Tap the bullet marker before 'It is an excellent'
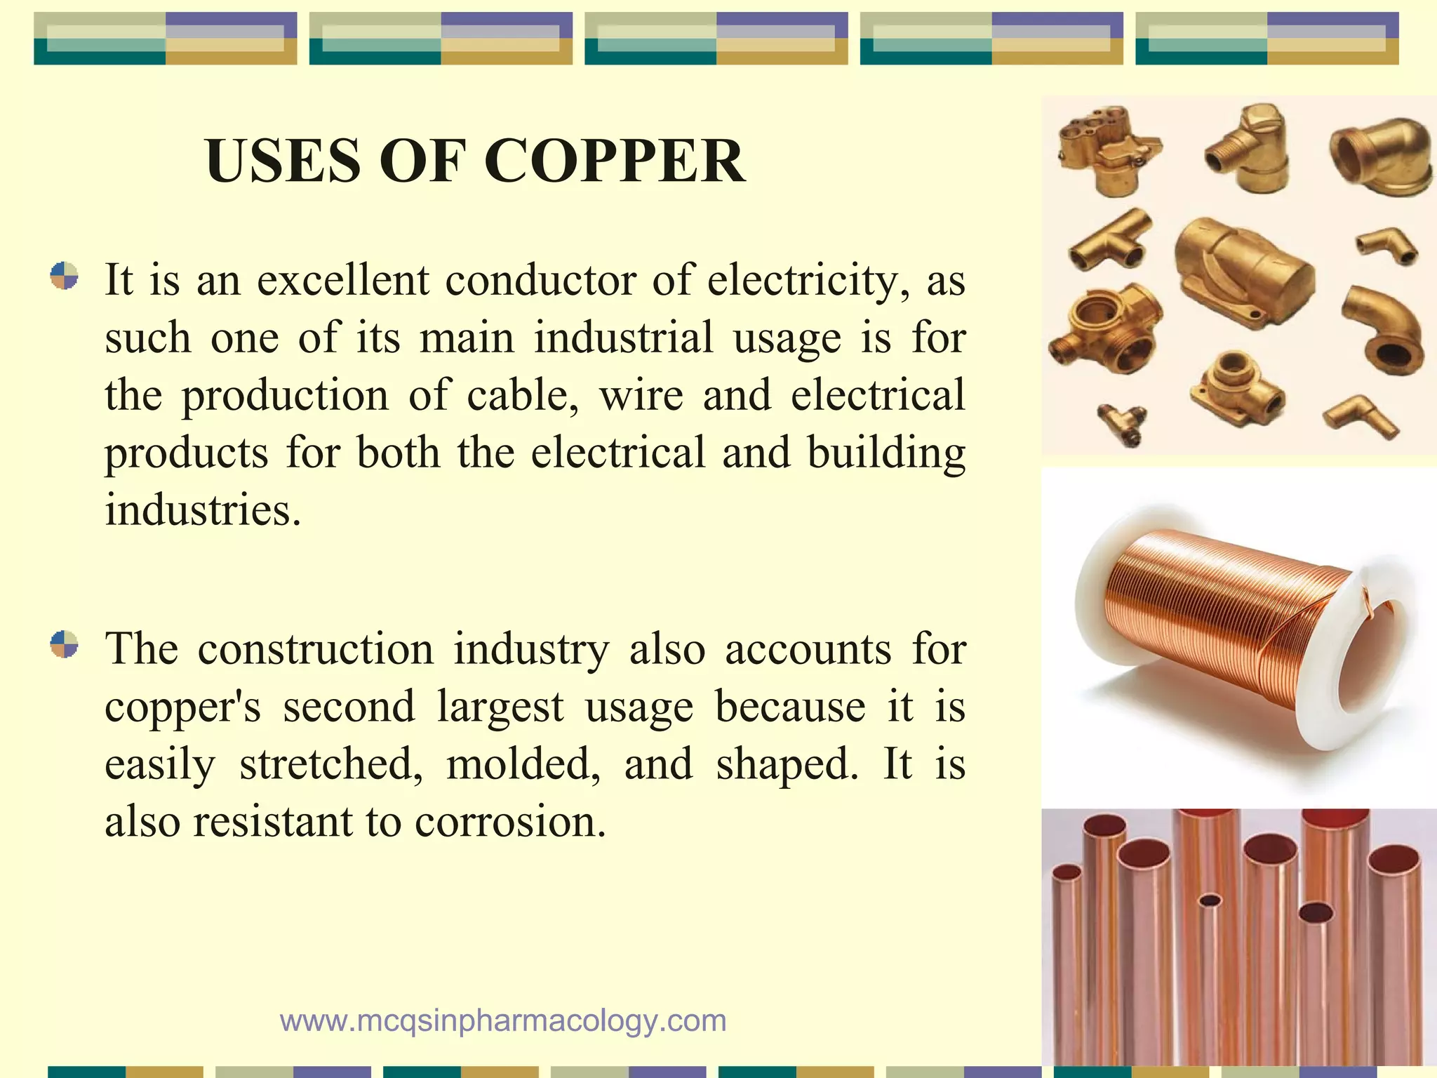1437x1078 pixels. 64,276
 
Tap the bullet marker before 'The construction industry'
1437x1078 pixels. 64,644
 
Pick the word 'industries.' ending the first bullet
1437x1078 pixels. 203,510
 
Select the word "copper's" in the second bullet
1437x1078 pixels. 182,707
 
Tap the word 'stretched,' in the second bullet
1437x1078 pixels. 331,764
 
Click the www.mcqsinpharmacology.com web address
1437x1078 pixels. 503,1020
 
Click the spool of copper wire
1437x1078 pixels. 1224,618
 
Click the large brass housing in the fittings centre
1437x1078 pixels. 1242,267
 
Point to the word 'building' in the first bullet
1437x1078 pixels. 886,453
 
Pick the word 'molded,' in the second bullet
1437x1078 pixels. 523,764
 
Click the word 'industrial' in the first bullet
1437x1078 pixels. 623,338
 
